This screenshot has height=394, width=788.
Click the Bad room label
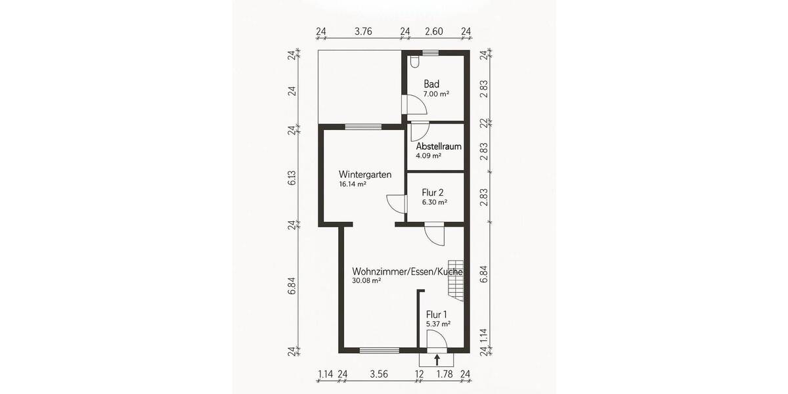point(431,84)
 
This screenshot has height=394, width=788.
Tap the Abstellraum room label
point(438,146)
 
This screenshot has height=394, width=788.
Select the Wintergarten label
point(365,175)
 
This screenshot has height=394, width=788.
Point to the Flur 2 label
point(433,192)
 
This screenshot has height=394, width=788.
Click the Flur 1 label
point(437,314)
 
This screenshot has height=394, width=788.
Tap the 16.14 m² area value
point(353,185)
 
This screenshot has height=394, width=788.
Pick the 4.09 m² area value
point(428,156)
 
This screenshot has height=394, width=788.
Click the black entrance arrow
point(437,359)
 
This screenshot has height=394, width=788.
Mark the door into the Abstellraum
point(419,130)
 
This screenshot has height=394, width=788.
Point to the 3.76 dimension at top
point(363,32)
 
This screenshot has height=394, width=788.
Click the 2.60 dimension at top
point(433,32)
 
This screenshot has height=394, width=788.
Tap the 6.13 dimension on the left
point(292,177)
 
